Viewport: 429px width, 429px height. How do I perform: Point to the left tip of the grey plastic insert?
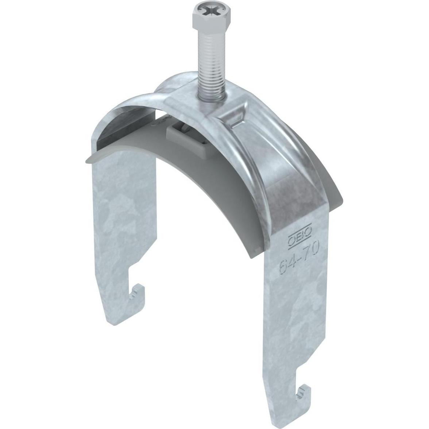(86, 161)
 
